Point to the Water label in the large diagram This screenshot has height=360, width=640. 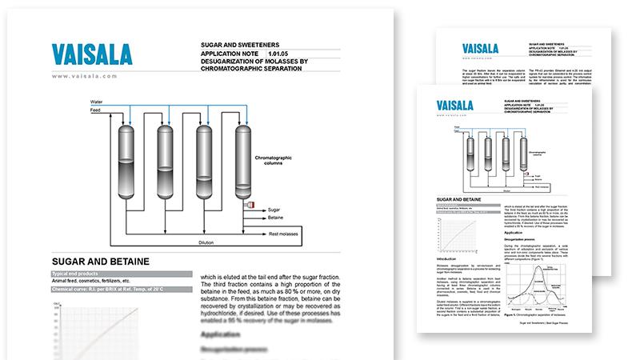97,102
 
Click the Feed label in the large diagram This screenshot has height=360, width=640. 96,111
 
